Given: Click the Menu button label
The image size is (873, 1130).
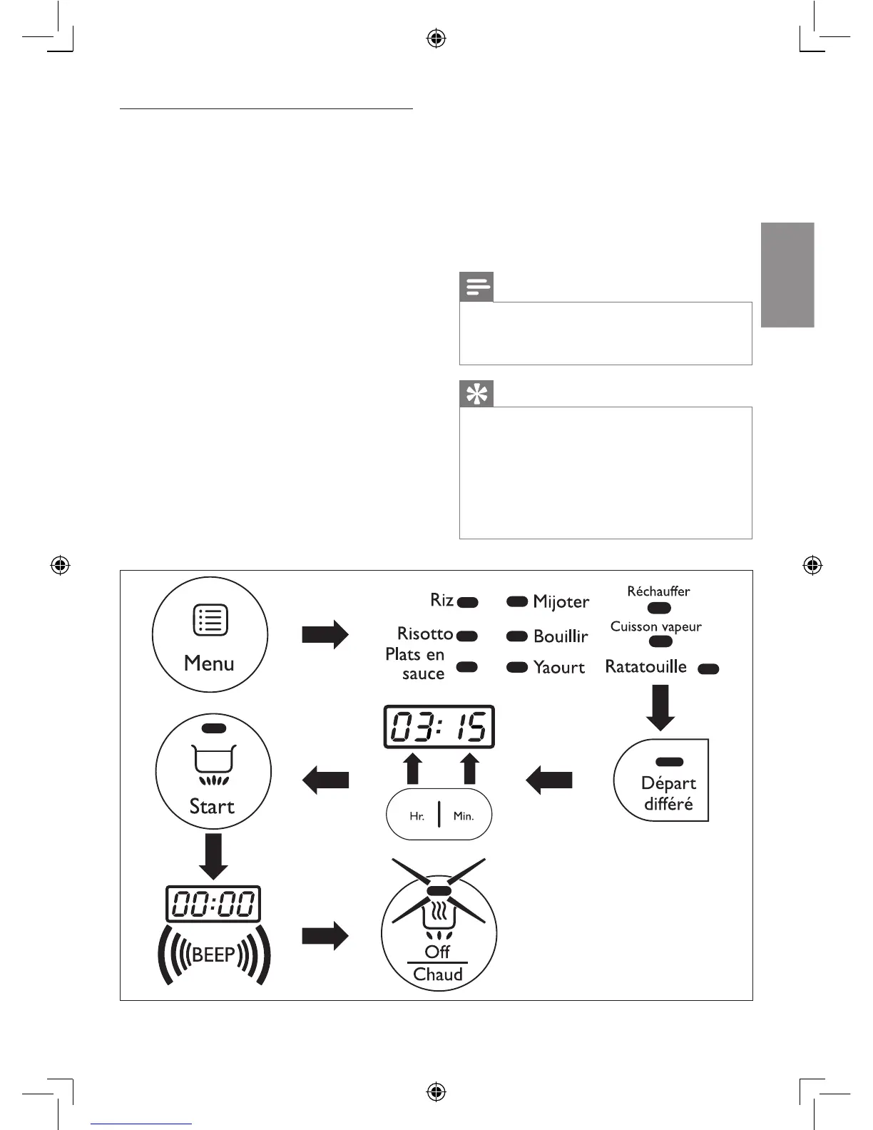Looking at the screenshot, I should tap(209, 663).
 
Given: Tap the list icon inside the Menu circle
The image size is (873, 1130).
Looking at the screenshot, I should tap(210, 620).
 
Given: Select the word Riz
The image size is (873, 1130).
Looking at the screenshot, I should tap(441, 600).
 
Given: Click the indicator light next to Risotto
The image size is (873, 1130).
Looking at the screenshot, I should tap(467, 636).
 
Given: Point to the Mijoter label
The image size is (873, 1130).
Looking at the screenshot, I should tap(561, 602).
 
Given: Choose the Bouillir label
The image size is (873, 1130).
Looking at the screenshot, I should tap(561, 636).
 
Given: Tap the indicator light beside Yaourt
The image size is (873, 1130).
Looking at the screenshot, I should tap(516, 668).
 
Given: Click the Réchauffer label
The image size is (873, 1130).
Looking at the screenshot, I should tap(658, 591).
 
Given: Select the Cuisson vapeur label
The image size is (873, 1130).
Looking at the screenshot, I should tap(655, 626).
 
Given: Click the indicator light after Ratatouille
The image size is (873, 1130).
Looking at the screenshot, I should tap(708, 669).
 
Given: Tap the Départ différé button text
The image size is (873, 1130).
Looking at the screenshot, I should tap(668, 793).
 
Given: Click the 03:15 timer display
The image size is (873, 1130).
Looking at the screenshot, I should tap(439, 727).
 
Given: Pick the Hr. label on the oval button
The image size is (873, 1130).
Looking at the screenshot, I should tap(417, 816).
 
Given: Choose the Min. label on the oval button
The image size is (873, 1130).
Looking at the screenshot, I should tap(464, 816).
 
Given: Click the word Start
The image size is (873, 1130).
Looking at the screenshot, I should tap(212, 807).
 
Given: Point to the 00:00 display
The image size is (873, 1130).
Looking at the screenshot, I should tap(213, 905).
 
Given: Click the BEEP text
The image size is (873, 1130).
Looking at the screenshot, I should tap(213, 955).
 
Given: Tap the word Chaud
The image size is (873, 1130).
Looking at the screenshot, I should tap(438, 974).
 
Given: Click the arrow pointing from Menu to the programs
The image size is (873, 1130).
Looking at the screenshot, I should tap(325, 634).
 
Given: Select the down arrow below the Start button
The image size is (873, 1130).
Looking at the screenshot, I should tap(213, 856).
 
